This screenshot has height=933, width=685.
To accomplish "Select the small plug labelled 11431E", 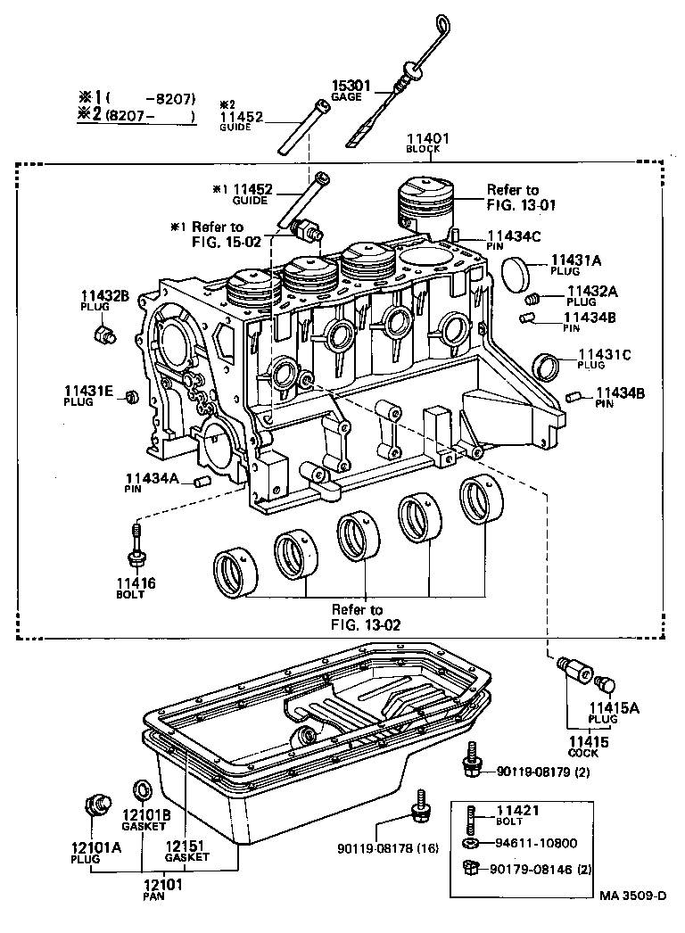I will click(x=130, y=395).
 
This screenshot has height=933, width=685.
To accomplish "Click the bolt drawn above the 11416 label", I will click(x=136, y=547).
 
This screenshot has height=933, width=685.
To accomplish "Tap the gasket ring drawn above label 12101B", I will click(x=141, y=790).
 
